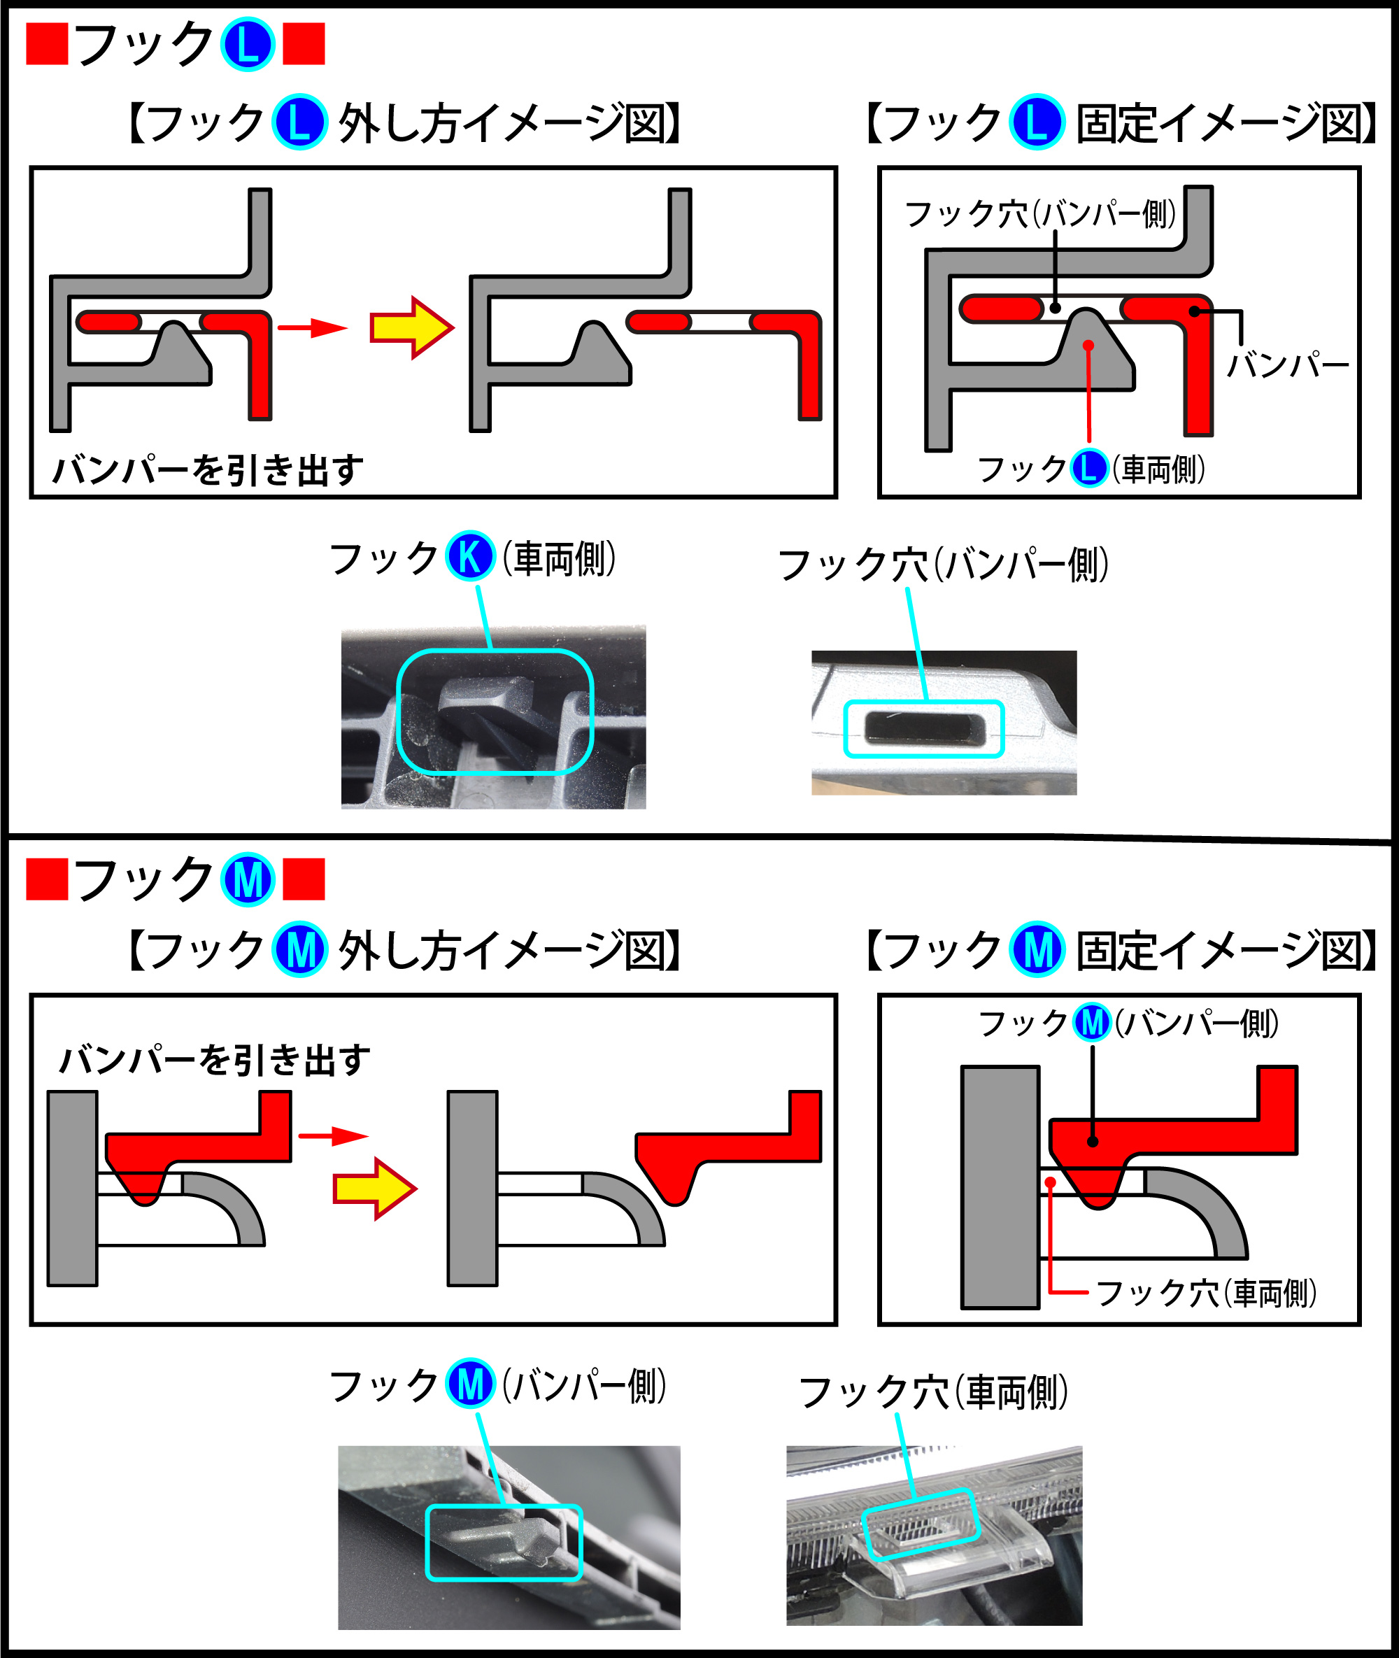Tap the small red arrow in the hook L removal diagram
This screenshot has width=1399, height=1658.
coord(312,327)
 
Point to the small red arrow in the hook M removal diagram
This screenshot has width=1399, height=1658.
coord(332,1136)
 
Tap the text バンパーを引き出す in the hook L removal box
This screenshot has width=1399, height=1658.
coord(208,469)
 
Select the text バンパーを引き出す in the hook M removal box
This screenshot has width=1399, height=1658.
coord(215,1060)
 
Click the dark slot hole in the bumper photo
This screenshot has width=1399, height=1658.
coord(924,728)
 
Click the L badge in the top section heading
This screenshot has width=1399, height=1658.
coord(248,45)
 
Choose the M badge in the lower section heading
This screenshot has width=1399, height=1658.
coord(248,880)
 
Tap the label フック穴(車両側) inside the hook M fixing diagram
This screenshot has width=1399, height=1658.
coord(1205,1293)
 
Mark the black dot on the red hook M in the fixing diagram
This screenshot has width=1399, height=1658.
coord(1093,1142)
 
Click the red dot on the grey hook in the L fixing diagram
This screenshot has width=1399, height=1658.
coord(1089,346)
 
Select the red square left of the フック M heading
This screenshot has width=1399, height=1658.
coord(47,880)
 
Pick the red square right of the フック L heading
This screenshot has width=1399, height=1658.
coord(304,45)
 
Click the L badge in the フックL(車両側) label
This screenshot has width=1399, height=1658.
coord(1089,468)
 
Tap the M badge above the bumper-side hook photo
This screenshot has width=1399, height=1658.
coord(470,1384)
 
